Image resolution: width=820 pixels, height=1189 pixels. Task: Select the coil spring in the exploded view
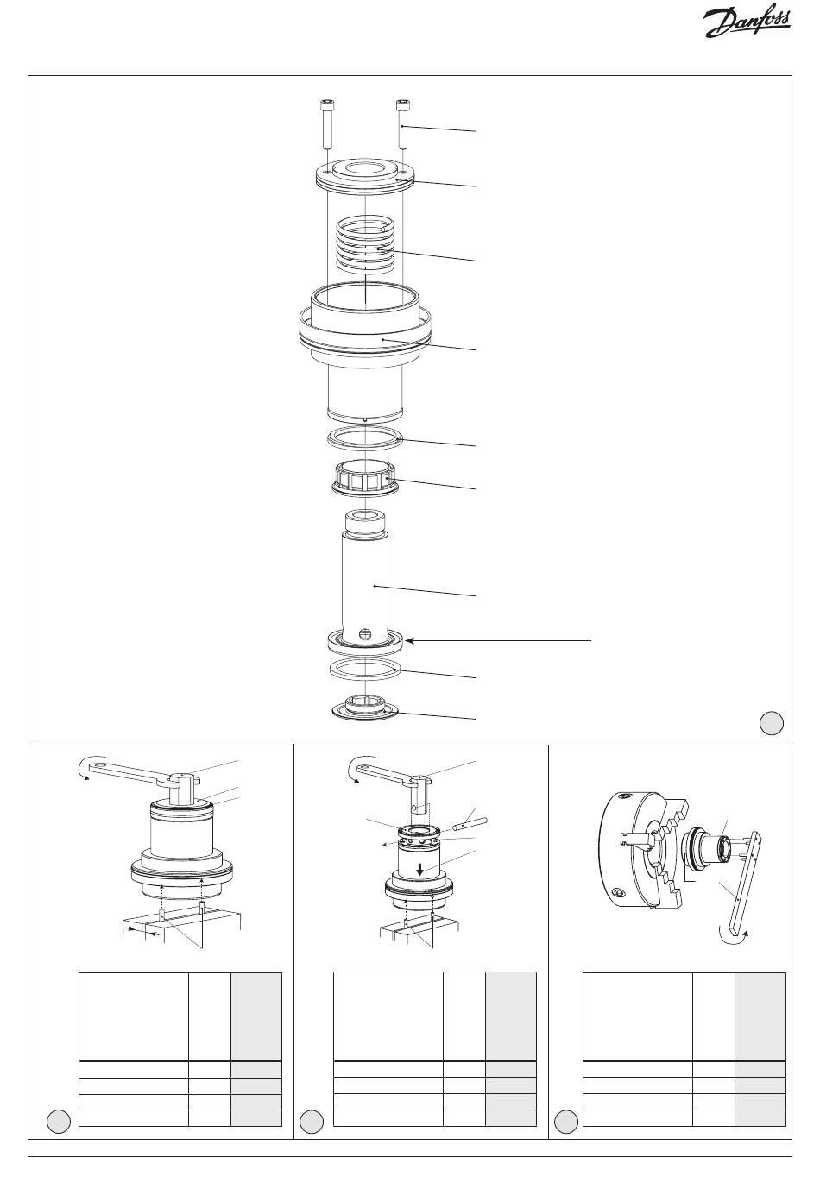coord(366,243)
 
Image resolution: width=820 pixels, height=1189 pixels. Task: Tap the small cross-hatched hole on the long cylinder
coord(364,633)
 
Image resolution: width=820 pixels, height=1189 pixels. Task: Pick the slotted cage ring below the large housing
coord(365,478)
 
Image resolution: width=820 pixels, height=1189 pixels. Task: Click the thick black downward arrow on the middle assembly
coord(420,868)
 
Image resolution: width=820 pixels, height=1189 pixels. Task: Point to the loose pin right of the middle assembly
coord(470,826)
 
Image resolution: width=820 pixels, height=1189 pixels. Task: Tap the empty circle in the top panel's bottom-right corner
coord(771,722)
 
